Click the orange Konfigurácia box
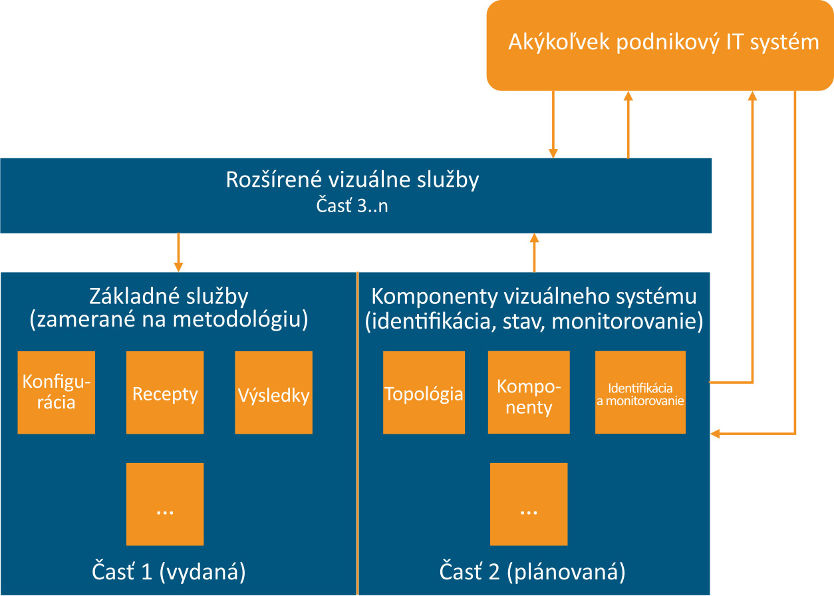[56, 392]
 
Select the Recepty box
[165, 392]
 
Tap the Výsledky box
[273, 392]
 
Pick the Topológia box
[424, 392]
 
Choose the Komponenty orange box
[529, 392]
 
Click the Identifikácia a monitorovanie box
[640, 392]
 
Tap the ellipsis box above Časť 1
[165, 504]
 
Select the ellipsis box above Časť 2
[529, 504]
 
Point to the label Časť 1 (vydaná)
[168, 571]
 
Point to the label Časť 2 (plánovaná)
[533, 571]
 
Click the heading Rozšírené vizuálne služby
[352, 180]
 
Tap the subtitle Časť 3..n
[352, 206]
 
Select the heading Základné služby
[169, 295]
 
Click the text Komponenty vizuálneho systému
[533, 295]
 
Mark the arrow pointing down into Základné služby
[178, 253]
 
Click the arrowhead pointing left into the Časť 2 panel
[716, 434]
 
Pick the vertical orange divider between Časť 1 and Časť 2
[358, 432]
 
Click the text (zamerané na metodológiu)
[169, 320]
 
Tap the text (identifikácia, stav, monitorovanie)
[533, 321]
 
